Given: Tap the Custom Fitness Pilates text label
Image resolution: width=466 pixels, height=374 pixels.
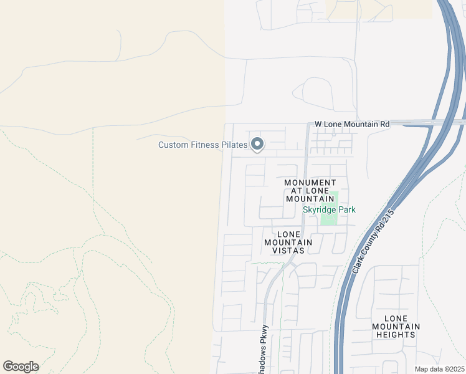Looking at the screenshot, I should coord(202,145).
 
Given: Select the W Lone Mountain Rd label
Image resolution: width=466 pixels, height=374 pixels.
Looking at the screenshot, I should coord(352,124).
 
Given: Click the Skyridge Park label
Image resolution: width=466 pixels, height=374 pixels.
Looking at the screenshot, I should coord(329,209).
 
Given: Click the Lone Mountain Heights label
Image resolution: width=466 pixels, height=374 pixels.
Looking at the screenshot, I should coord(396,326).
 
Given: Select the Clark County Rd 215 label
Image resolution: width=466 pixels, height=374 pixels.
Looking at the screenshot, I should coord(373,241).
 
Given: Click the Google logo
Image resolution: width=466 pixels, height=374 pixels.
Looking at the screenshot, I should coord(21,367).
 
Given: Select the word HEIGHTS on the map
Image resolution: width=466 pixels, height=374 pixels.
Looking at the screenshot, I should coord(396,334).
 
